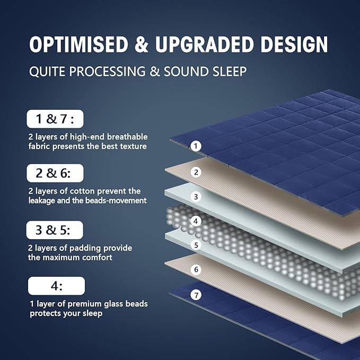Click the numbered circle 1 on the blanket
coord(196,146)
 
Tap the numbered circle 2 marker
coord(196,172)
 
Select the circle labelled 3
coord(196,197)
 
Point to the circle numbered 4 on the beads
coord(196,221)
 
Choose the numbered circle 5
coord(196,245)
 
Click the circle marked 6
coord(196,270)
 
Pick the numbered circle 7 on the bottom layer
coord(196,295)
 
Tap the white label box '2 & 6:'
coord(55,173)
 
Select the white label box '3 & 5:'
coord(55,230)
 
